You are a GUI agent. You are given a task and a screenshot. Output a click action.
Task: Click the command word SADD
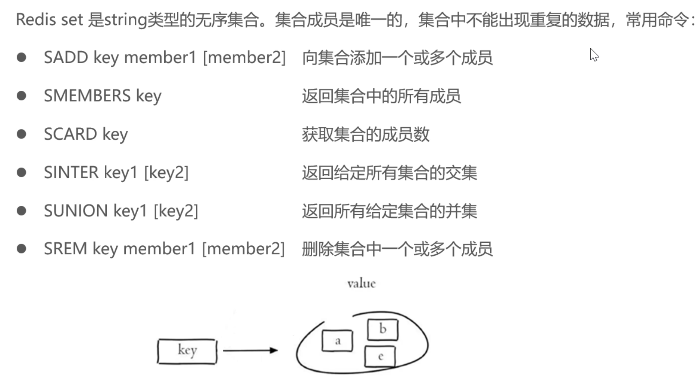pos(66,58)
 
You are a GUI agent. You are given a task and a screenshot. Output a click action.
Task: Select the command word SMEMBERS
pos(87,96)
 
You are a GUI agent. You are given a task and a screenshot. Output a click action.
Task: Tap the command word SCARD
pos(70,134)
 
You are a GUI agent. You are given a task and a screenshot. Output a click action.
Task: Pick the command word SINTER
pos(71,173)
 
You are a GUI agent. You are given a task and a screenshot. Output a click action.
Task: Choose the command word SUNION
pos(76,211)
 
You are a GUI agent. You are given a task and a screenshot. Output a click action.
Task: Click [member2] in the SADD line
pos(244,58)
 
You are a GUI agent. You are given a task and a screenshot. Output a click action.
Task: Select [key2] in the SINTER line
pos(166,173)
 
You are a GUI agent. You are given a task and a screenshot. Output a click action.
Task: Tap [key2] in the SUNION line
pos(176,211)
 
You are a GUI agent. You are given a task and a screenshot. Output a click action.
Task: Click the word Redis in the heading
pos(35,20)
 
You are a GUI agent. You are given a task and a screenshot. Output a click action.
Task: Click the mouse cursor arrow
pos(594,55)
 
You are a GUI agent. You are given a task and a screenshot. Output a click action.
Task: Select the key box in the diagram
pos(187,351)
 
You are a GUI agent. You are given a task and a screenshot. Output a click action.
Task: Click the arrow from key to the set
pos(250,350)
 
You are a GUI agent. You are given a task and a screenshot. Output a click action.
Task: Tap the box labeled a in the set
pos(337,341)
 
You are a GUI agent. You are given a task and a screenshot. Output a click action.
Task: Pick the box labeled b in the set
pos(382,329)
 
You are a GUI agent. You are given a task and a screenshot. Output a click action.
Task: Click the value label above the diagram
pos(361,284)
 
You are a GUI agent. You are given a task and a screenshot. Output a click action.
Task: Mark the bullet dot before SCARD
pos(22,134)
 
